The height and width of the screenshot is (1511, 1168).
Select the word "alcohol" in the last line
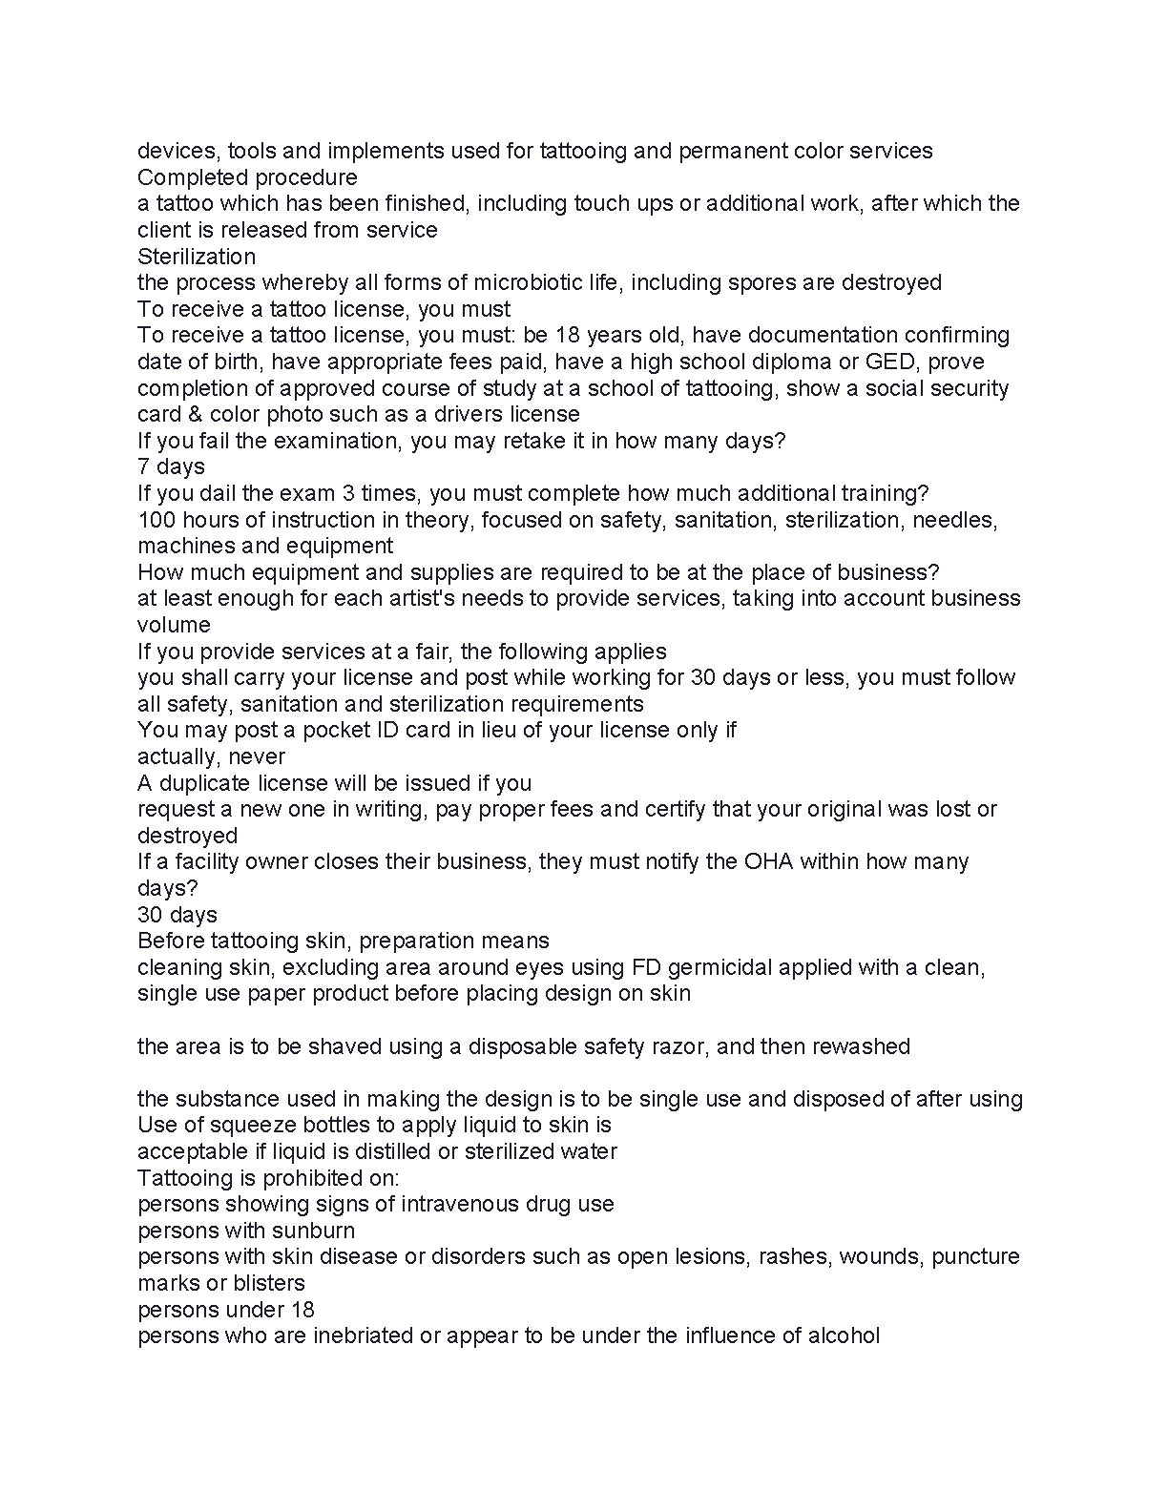tap(844, 1335)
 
